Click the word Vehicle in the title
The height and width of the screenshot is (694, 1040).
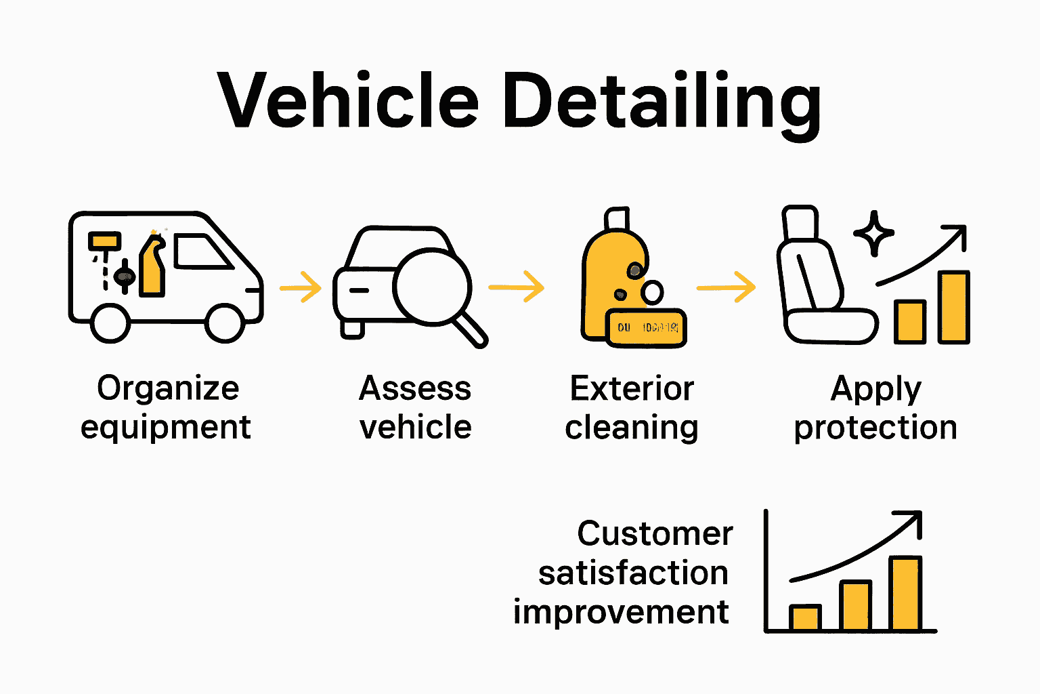coord(348,102)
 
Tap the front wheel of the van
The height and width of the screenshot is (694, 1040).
coord(225,323)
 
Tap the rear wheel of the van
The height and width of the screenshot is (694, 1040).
coord(110,323)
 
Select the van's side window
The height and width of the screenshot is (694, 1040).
coord(200,252)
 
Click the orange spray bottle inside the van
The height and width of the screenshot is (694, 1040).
coord(153,268)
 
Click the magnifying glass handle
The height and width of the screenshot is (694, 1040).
coord(471,331)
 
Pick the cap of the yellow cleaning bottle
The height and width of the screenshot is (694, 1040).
coord(617,219)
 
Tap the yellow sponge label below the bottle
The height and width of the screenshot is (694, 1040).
coord(646,328)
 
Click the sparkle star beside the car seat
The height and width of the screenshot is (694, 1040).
coord(873,233)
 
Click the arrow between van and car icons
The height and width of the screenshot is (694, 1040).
coord(301,287)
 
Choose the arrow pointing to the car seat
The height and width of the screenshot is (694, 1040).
coord(726,287)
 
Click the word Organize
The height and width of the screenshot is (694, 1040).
coord(168,389)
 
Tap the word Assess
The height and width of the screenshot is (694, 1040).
coord(415,389)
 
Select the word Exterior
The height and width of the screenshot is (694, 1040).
coord(632,389)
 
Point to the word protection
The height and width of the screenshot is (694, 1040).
coord(875,428)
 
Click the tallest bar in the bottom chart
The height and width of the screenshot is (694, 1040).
coord(905,594)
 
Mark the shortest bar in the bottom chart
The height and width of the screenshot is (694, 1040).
coord(806,617)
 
